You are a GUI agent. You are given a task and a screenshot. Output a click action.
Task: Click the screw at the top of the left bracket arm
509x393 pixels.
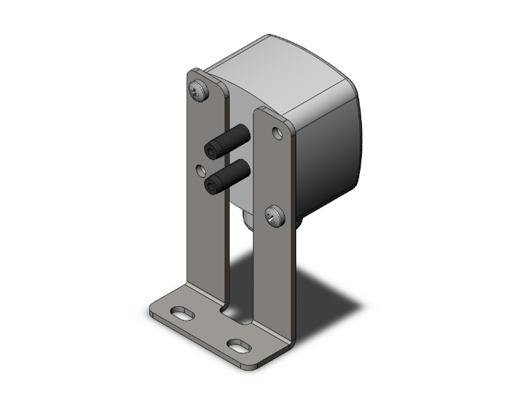[x=198, y=91]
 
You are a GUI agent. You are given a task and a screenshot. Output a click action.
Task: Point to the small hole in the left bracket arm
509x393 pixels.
[x=200, y=168]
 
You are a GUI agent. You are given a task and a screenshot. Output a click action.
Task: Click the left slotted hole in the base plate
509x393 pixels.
[x=181, y=314]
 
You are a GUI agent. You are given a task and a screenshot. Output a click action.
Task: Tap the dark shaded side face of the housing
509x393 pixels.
[x=328, y=157]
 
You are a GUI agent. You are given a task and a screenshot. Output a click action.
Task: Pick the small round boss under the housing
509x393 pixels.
[x=248, y=220]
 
